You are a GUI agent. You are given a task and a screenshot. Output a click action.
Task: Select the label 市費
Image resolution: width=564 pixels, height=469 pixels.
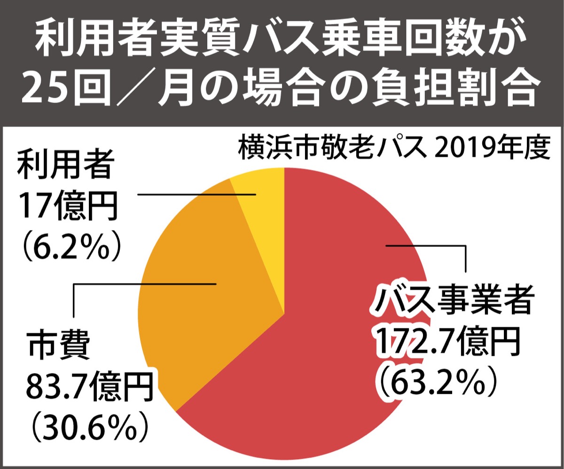click(x=58, y=347)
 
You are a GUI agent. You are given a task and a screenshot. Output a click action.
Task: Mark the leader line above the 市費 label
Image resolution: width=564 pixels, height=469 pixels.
click(x=141, y=284)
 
